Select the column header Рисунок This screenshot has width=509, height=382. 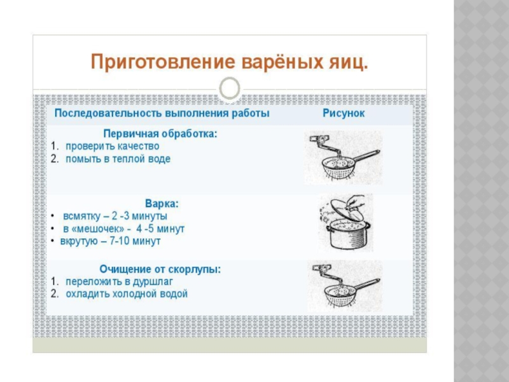click(x=343, y=113)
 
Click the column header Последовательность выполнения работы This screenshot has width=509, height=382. click(x=162, y=113)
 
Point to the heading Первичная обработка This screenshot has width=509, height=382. click(x=160, y=134)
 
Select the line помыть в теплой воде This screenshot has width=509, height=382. click(x=118, y=159)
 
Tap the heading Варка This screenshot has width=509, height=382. click(x=162, y=204)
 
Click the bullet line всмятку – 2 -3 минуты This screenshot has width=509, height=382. click(x=115, y=216)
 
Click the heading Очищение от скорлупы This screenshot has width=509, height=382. click(x=160, y=269)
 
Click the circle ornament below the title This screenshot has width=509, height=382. click(x=230, y=88)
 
